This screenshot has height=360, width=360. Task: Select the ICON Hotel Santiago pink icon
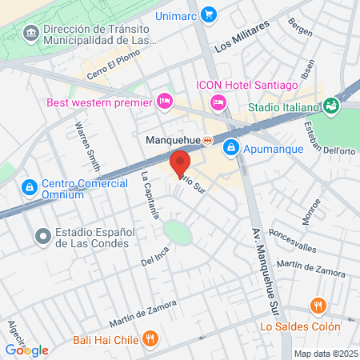coord(217,102)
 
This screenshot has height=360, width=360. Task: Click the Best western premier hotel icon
coord(165,102)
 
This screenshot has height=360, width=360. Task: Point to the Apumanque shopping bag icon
coord(230,147)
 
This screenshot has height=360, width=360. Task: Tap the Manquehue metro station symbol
coord(208,141)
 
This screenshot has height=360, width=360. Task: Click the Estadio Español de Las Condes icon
coord(42,235)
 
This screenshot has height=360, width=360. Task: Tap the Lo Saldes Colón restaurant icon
coord(318,306)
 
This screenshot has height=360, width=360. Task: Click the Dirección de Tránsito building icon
coord(30,32)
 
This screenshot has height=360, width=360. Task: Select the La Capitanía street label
coord(152,195)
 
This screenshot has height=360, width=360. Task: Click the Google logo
coord(26,350)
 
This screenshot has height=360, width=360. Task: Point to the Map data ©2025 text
coord(324,354)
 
